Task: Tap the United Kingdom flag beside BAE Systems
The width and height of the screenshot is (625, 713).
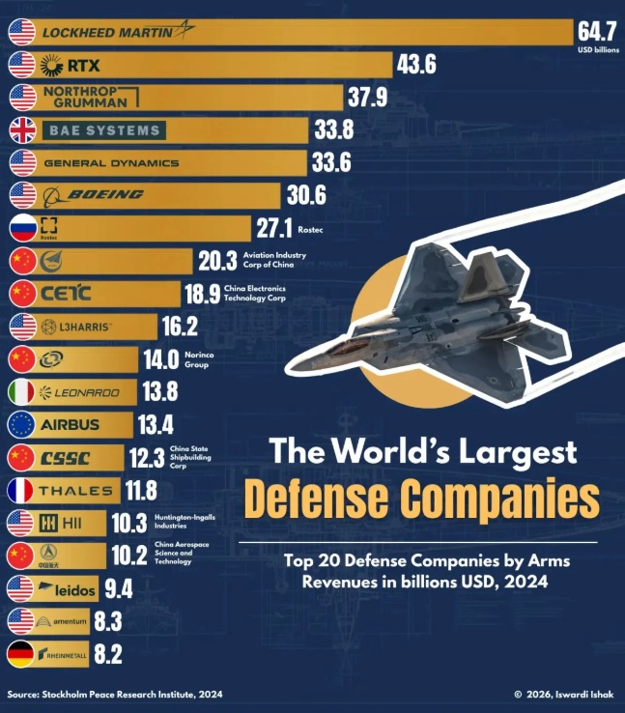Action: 22,130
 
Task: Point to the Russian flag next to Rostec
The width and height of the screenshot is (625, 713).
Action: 22,228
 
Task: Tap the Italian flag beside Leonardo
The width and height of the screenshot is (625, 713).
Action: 22,392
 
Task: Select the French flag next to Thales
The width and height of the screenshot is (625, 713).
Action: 22,490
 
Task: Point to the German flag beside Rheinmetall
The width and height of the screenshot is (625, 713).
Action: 22,654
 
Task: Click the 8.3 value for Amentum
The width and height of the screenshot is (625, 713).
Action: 106,621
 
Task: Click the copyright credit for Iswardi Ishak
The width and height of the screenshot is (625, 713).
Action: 564,695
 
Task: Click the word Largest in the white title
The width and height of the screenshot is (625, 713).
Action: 519,451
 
